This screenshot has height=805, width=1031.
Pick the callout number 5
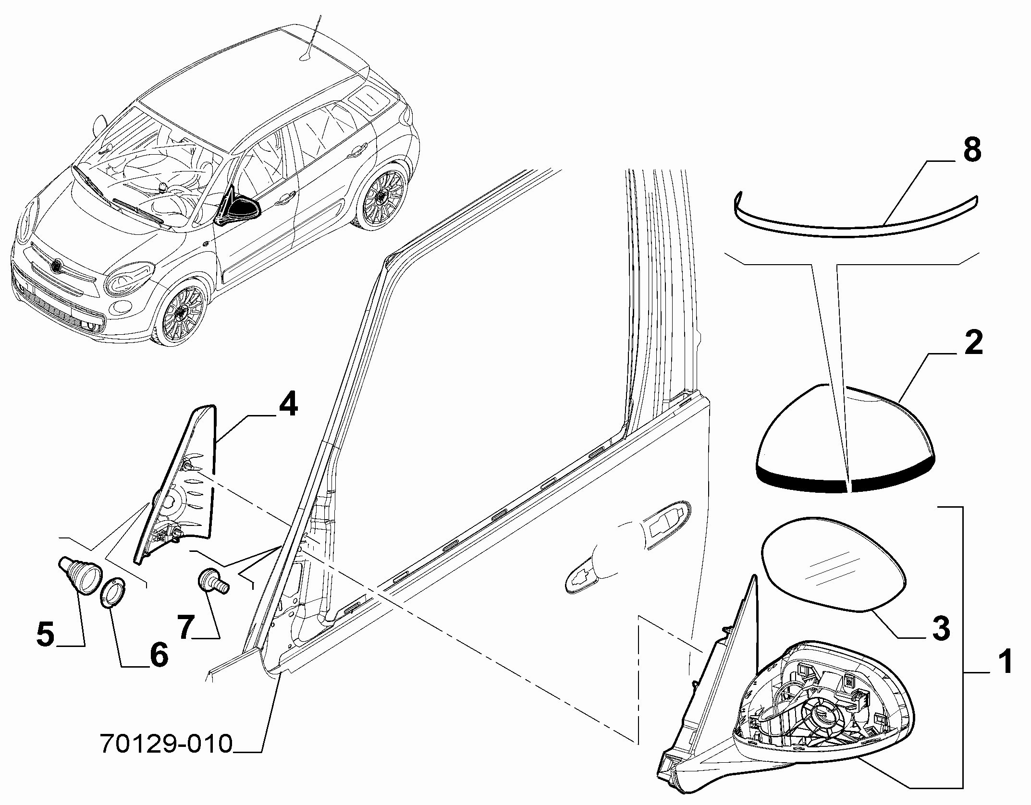pyautogui.click(x=46, y=634)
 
